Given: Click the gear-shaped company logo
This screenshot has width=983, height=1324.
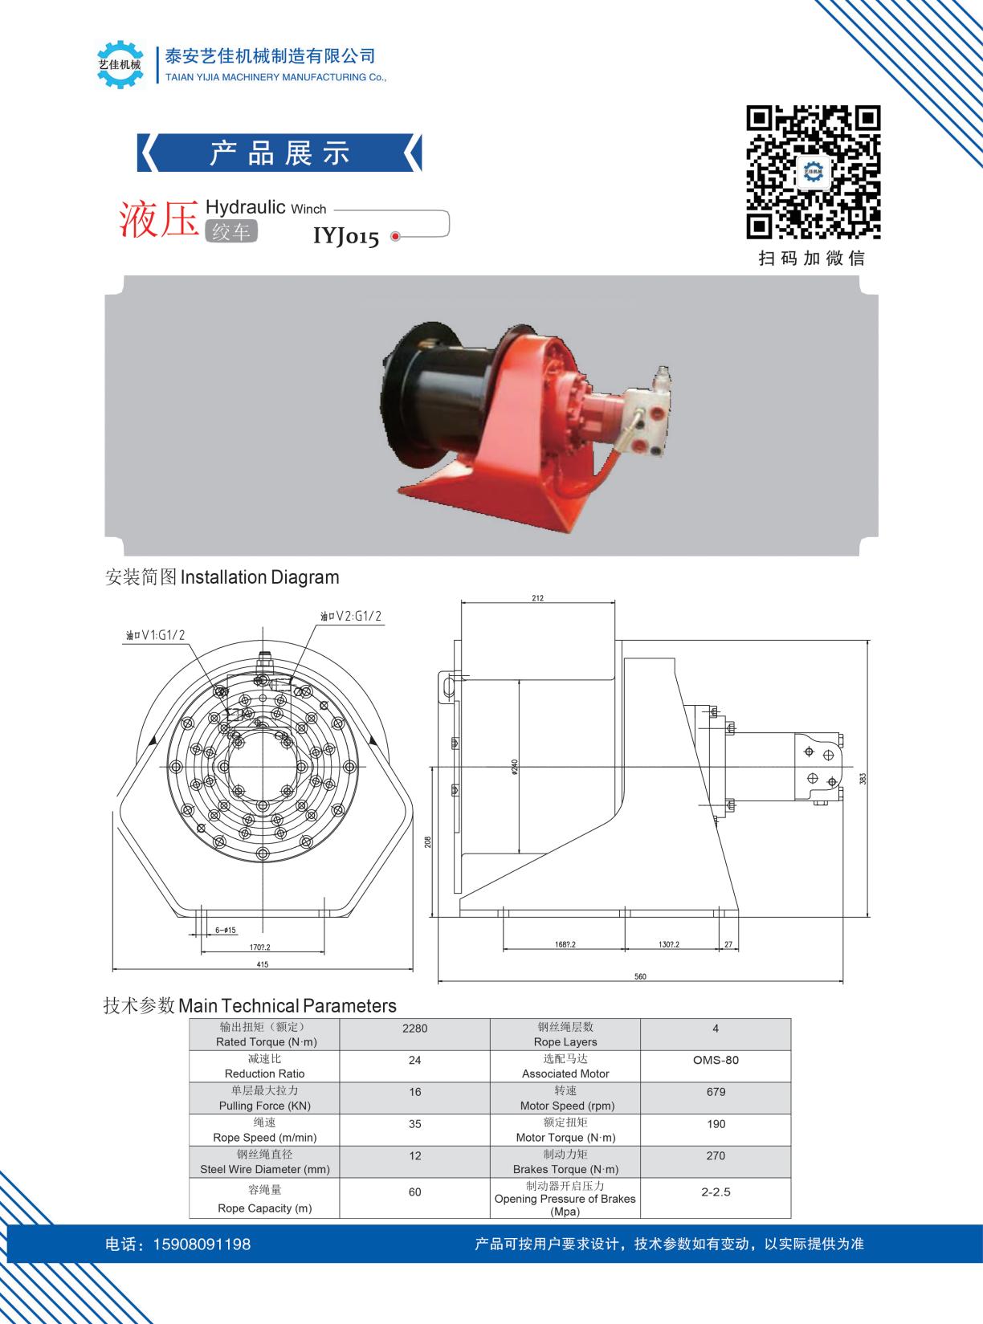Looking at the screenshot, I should pyautogui.click(x=120, y=63).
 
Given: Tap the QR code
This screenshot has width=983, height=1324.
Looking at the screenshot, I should pyautogui.click(x=813, y=172).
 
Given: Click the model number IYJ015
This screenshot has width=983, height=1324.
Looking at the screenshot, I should pyautogui.click(x=345, y=237).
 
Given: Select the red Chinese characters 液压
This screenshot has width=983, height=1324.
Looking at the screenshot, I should pyautogui.click(x=158, y=219).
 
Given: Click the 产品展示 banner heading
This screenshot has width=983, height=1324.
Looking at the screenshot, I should pyautogui.click(x=279, y=153).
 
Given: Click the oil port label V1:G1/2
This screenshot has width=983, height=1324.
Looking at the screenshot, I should pyautogui.click(x=155, y=635).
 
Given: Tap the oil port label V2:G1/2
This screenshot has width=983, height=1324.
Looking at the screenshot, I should pyautogui.click(x=351, y=617).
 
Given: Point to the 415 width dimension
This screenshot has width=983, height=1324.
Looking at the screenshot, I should pyautogui.click(x=262, y=964).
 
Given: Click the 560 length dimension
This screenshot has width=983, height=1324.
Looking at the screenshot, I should pyautogui.click(x=640, y=976).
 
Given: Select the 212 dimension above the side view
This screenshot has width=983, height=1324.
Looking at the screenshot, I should pyautogui.click(x=537, y=598).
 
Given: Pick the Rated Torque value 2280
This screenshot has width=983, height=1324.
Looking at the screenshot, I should pyautogui.click(x=414, y=1028).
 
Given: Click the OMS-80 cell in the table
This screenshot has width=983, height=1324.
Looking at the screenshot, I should pyautogui.click(x=715, y=1060).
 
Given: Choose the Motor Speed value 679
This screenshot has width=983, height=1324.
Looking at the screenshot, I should pyautogui.click(x=715, y=1092).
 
